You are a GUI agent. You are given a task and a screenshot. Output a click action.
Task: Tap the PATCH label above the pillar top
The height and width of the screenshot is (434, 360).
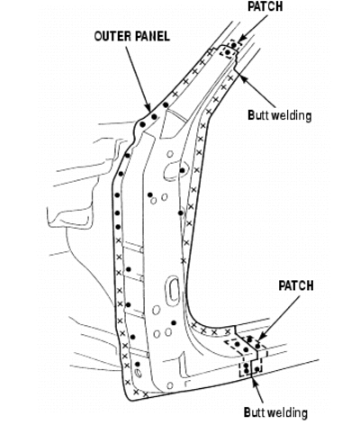click(265, 6)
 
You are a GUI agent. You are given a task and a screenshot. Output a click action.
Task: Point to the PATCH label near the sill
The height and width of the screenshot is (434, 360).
click(296, 285)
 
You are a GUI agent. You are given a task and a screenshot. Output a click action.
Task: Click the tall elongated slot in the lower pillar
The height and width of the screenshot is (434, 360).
click(174, 291)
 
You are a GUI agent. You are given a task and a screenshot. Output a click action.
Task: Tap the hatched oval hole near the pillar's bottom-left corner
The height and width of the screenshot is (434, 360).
click(139, 374)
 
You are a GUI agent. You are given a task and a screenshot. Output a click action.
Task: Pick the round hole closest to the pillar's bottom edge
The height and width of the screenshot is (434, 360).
click(170, 385)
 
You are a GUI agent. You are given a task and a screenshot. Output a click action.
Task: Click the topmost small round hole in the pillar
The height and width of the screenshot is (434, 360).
click(170, 154)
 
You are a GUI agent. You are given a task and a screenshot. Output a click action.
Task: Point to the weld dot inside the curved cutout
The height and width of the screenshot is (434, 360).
click(182, 170)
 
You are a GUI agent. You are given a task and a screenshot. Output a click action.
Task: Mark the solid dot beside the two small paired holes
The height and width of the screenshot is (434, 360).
click(150, 194)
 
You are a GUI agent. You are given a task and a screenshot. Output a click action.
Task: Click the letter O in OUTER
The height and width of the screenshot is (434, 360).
click(98, 37)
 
